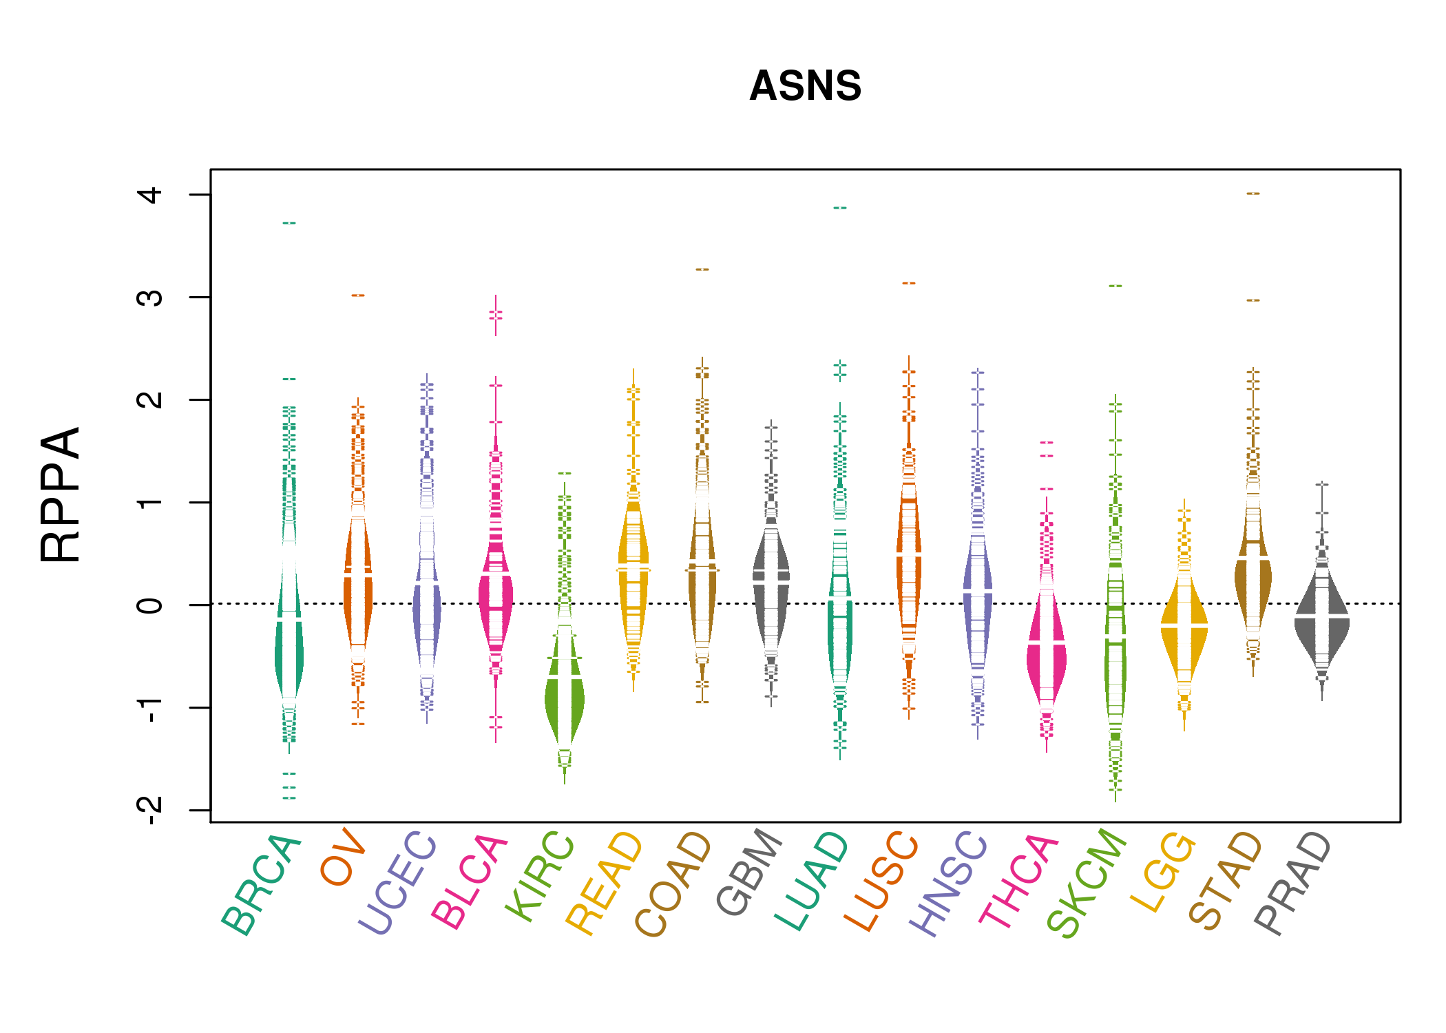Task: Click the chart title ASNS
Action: (805, 86)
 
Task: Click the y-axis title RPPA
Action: (61, 494)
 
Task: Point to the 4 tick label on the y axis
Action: (150, 195)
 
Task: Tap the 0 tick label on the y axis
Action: (150, 605)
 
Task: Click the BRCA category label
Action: (262, 885)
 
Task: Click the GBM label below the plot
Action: (749, 873)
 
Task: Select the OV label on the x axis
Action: (342, 857)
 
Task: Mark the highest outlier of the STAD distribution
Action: (1253, 194)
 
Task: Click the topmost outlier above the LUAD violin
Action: (840, 208)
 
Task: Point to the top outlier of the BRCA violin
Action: (289, 223)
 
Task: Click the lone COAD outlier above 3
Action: (702, 269)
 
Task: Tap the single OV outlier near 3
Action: (358, 295)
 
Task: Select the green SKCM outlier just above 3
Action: (1115, 286)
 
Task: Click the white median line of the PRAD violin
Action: (1322, 616)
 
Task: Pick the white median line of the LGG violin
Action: (1184, 625)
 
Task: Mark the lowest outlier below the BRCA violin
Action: (289, 798)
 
